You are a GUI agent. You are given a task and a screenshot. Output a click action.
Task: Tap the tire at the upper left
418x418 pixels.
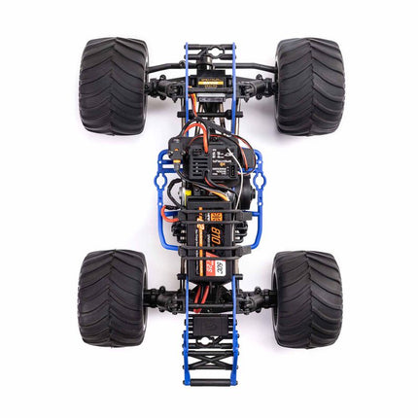[113, 86]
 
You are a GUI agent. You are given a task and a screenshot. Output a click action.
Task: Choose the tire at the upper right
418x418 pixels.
[309, 86]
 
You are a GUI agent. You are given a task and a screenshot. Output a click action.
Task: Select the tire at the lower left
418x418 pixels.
[112, 297]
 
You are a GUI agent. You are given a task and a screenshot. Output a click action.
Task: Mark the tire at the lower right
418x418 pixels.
[306, 297]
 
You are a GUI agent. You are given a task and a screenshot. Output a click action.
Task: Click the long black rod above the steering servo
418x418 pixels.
[210, 66]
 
